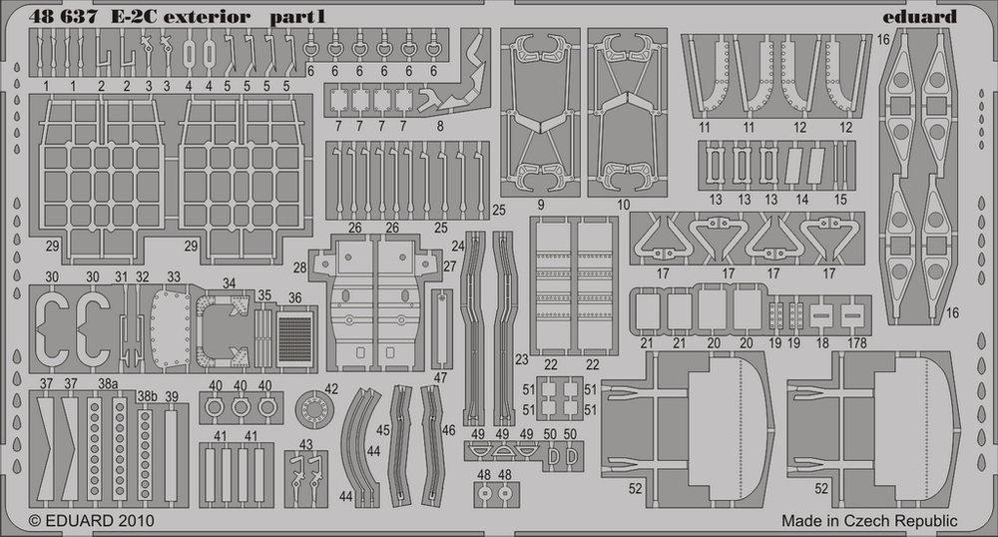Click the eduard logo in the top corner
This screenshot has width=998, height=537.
(x=920, y=16)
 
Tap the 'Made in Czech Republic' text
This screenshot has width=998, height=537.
(x=869, y=521)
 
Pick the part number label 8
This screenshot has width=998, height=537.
(x=440, y=126)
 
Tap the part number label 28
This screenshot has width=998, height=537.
(x=300, y=269)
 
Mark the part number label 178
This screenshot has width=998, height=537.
(x=855, y=343)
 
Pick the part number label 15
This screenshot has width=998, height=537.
(x=840, y=200)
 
